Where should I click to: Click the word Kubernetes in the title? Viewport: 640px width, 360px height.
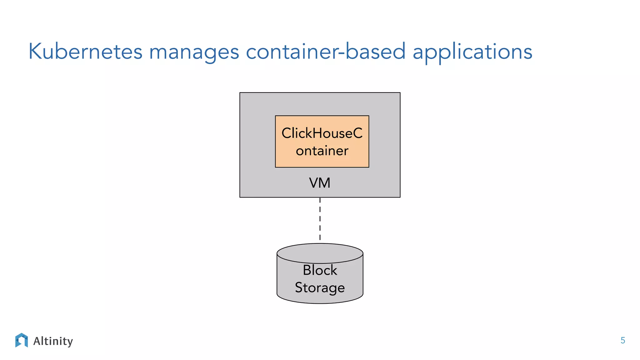pos(85,52)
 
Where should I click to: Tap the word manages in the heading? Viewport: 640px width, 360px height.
pos(194,52)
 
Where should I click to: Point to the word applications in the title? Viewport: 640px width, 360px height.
pos(472,52)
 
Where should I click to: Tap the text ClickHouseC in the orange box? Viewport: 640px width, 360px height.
pos(322,133)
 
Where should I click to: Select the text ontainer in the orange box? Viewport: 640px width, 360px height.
pos(322,151)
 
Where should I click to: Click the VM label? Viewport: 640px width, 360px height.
pos(319,183)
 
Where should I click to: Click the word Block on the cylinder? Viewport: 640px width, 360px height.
pos(320,270)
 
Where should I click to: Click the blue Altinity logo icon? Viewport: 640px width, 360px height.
pos(21,340)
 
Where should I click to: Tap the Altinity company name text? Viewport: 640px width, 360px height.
pos(53,341)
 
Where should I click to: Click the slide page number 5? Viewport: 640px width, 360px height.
pos(622,341)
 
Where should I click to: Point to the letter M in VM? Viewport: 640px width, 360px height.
pos(324,183)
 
